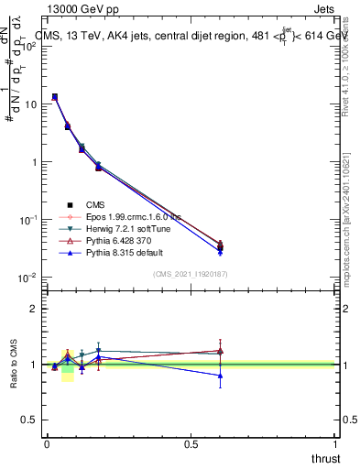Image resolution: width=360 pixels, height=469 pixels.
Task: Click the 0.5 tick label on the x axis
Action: click(191, 443)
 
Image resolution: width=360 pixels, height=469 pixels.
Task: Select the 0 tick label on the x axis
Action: click(47, 443)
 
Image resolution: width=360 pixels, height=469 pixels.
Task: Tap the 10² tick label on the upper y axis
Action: click(28, 46)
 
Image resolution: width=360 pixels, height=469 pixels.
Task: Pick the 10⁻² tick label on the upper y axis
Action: click(28, 278)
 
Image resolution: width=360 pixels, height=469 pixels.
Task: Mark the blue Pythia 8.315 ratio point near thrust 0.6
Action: click(220, 376)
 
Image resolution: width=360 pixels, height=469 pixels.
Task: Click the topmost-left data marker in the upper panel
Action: click(55, 96)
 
